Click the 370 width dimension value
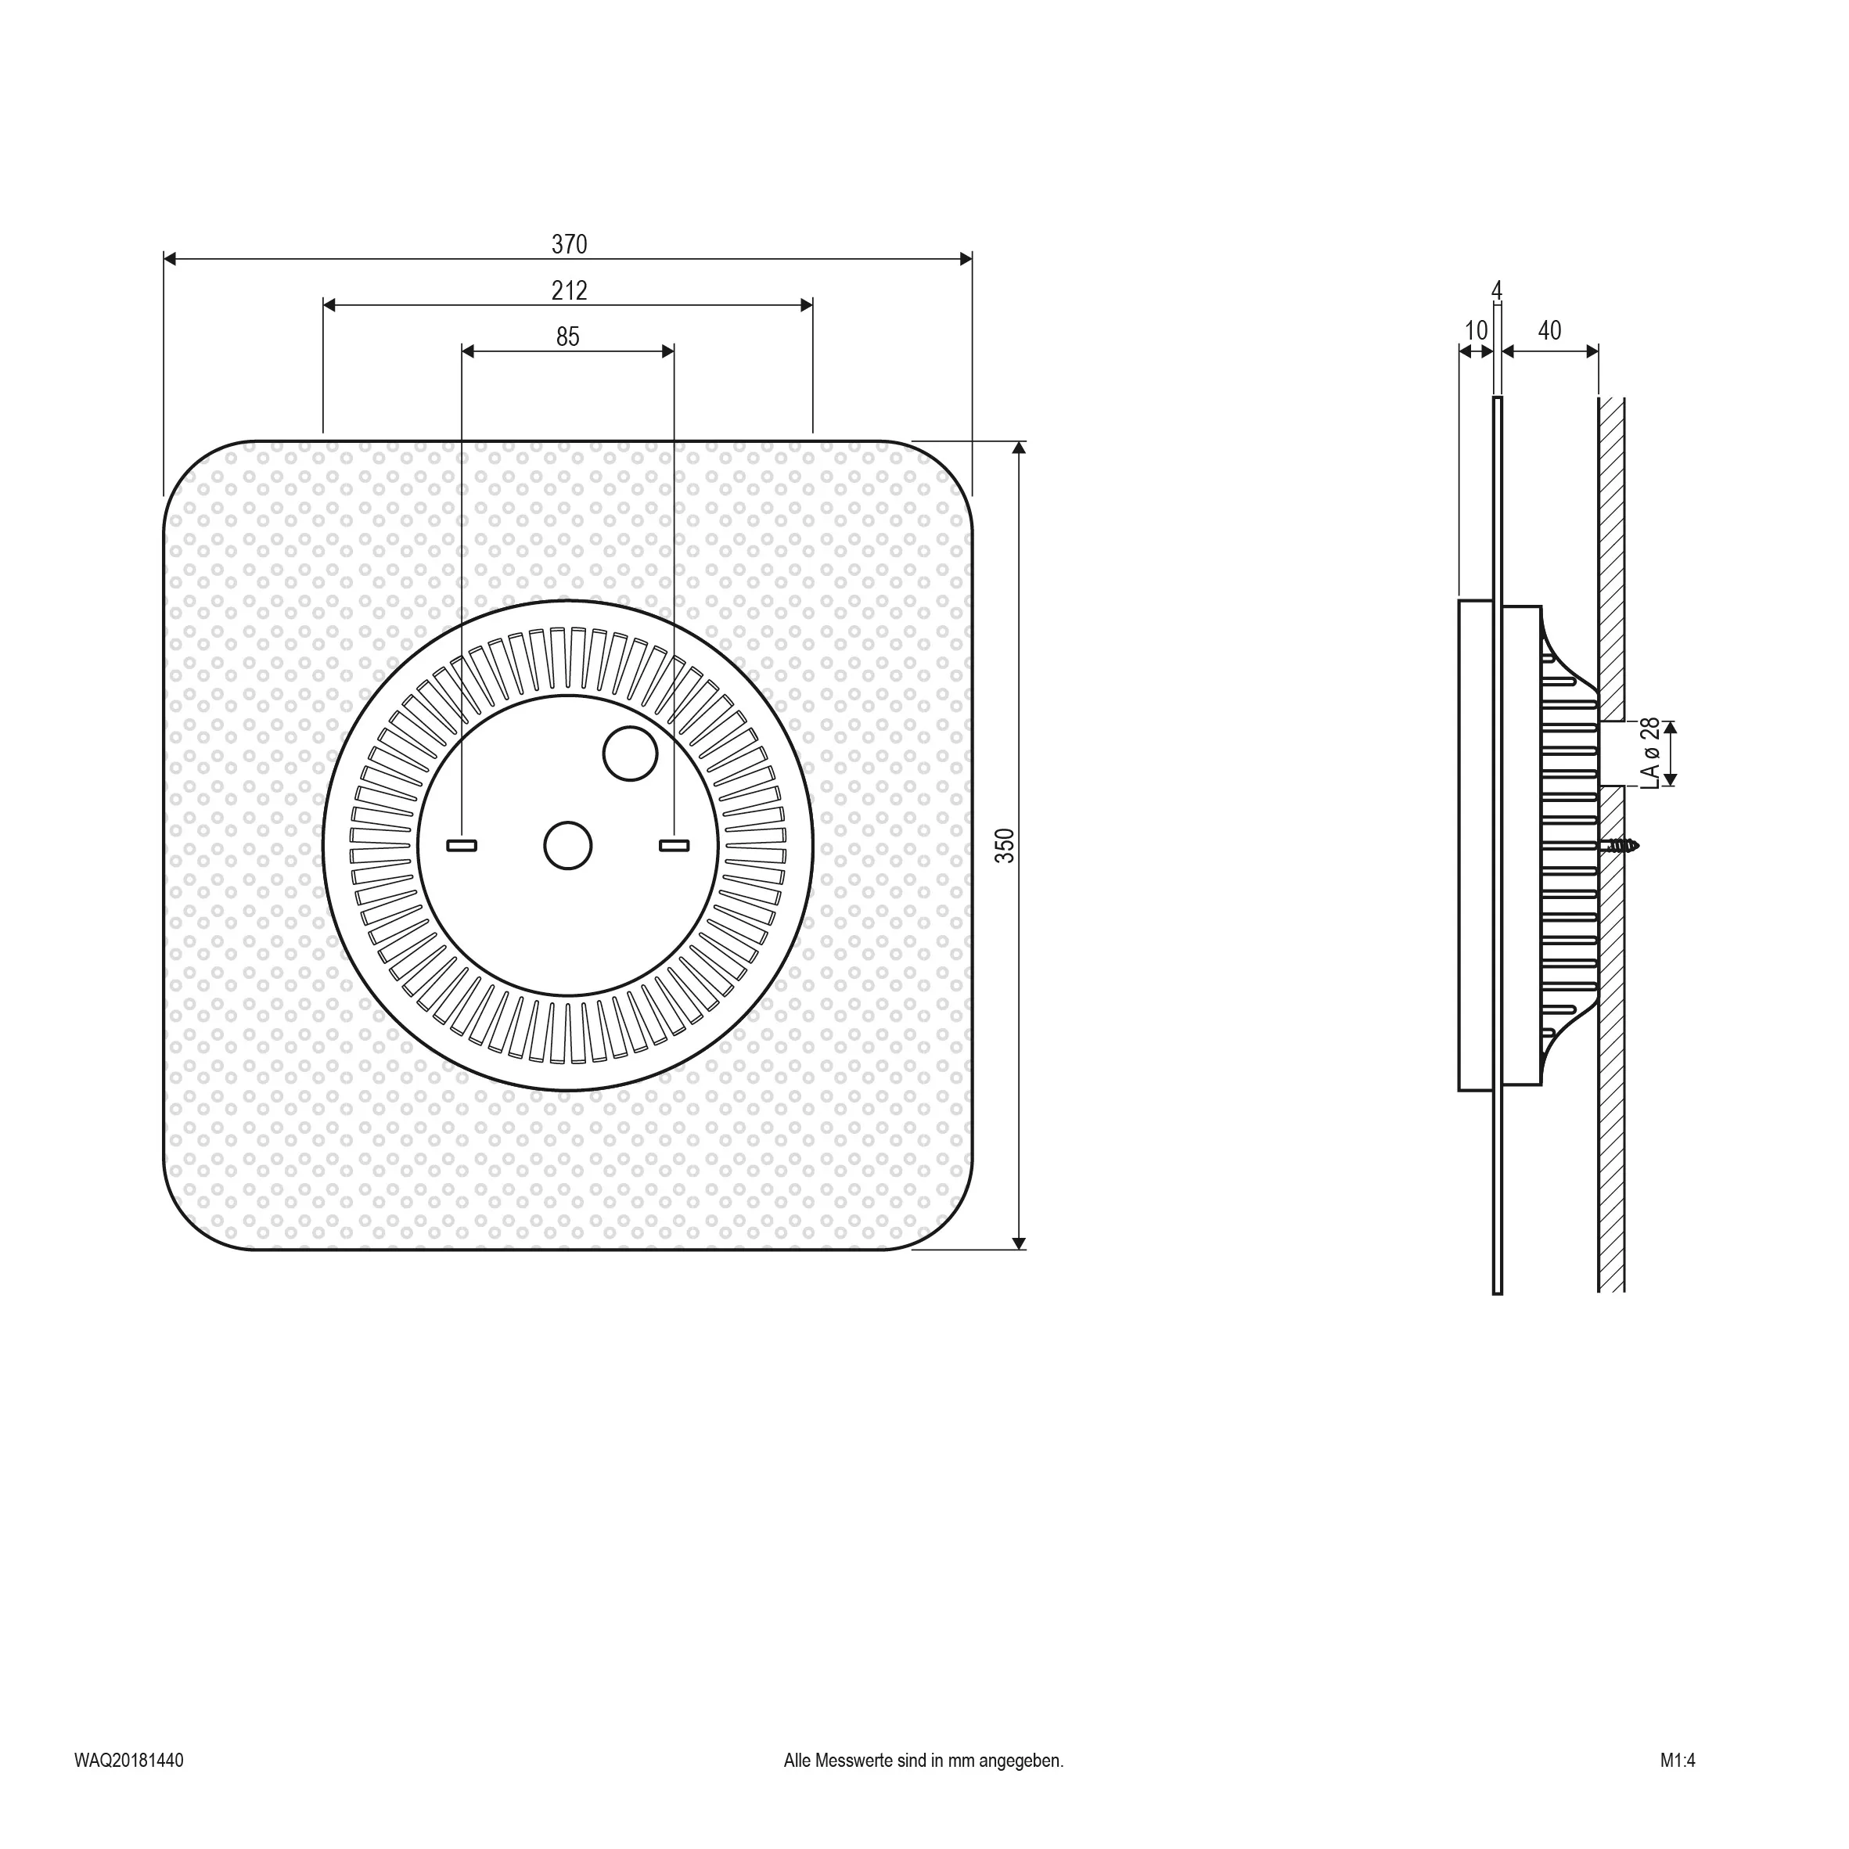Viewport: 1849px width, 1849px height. click(570, 244)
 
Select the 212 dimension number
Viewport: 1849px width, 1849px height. click(570, 290)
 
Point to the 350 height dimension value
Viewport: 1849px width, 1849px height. click(1004, 846)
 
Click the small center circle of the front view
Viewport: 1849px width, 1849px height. click(567, 846)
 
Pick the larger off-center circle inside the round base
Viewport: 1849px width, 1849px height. click(631, 754)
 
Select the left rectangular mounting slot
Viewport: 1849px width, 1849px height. click(462, 846)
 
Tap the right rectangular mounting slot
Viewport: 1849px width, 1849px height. click(674, 846)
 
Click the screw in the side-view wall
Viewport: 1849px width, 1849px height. click(1619, 846)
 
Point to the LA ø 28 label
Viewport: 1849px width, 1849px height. click(1650, 754)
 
